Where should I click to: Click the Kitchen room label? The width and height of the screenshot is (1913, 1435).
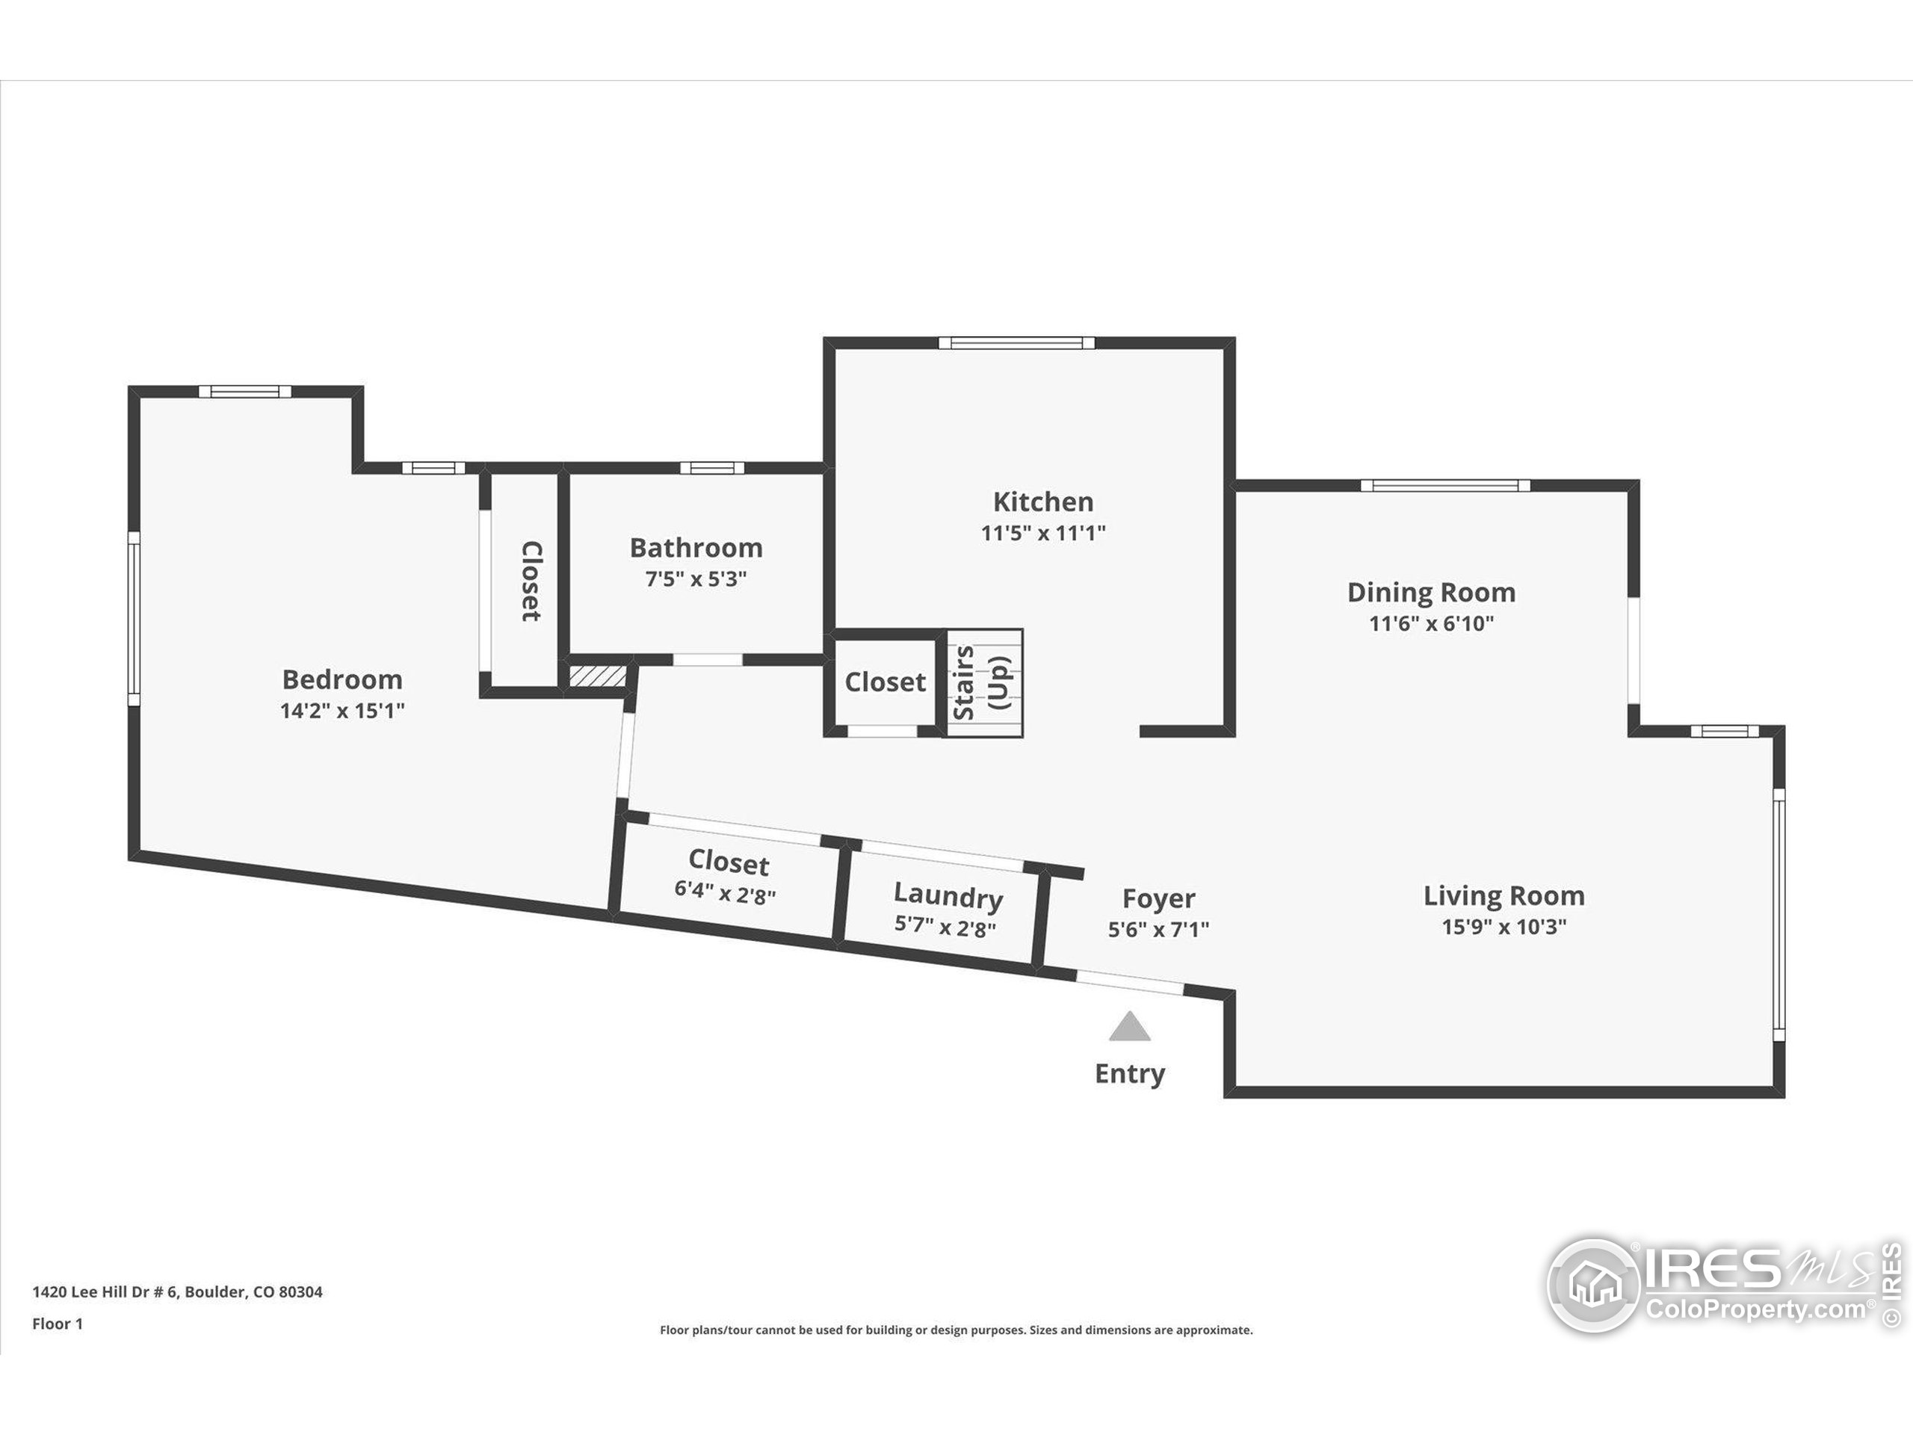[1043, 502]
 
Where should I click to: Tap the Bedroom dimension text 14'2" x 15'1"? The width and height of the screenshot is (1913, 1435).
[342, 711]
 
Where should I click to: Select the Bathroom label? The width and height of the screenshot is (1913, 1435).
[696, 548]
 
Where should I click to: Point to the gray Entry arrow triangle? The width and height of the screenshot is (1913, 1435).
[1129, 1028]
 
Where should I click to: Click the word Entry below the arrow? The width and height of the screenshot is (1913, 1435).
[1129, 1073]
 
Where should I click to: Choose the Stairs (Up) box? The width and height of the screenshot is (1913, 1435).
[983, 682]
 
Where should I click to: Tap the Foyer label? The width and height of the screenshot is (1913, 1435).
[1158, 898]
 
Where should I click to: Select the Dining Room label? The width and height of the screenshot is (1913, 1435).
[1431, 593]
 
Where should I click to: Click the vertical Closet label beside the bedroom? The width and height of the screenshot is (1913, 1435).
[530, 581]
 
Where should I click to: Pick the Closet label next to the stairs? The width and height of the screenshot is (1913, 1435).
[885, 682]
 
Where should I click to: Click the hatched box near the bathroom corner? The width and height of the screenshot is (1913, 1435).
[597, 676]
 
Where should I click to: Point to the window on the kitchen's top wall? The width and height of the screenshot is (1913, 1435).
[1016, 343]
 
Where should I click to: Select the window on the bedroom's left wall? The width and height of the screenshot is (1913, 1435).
[134, 618]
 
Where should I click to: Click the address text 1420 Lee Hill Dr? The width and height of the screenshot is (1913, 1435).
[177, 1291]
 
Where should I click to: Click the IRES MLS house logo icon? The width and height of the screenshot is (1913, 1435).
[1593, 1285]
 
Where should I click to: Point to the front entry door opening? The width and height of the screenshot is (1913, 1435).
[1129, 983]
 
